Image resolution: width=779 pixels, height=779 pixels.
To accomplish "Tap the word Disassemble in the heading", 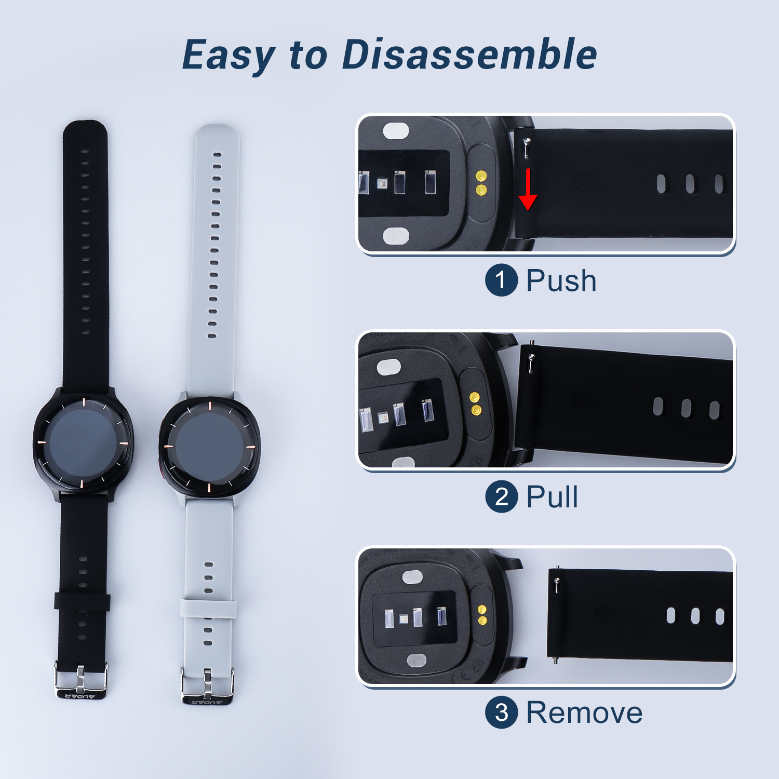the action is [469, 54].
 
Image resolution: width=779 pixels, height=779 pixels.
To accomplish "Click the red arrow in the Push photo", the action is [528, 189].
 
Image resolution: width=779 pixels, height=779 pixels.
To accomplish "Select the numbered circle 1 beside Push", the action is [501, 280].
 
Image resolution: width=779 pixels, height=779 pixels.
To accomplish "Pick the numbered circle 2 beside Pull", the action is [501, 496].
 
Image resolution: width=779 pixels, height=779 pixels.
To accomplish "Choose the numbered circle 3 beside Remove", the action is [501, 713].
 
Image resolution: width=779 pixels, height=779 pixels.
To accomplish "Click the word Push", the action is [561, 281].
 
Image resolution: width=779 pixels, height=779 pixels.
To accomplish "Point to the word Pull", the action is [552, 496].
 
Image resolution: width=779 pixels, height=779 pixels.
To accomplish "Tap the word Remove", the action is [584, 713].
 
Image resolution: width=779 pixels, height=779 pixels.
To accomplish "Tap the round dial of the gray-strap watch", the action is [209, 446].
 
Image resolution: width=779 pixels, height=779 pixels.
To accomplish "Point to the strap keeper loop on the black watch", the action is [82, 601].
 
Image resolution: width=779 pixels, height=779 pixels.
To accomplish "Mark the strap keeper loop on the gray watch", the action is [208, 608].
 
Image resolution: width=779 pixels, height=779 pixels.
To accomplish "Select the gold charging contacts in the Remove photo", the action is [482, 614].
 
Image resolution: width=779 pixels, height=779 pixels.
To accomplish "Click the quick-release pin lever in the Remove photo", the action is [557, 585].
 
